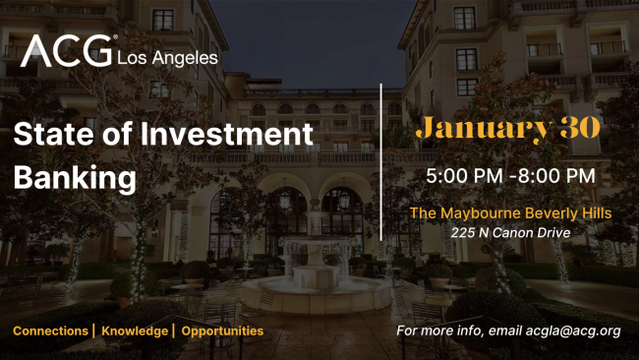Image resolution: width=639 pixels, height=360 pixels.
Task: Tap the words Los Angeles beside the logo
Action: pyautogui.click(x=167, y=58)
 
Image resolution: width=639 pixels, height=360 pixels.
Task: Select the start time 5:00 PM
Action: pyautogui.click(x=460, y=176)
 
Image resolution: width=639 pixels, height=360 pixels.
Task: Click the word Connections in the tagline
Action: pyautogui.click(x=50, y=330)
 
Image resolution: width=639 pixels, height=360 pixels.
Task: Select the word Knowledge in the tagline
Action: pyautogui.click(x=134, y=330)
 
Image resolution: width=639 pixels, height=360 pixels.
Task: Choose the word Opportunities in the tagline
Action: pyautogui.click(x=222, y=330)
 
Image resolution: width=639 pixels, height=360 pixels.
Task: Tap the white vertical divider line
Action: pyautogui.click(x=381, y=162)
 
